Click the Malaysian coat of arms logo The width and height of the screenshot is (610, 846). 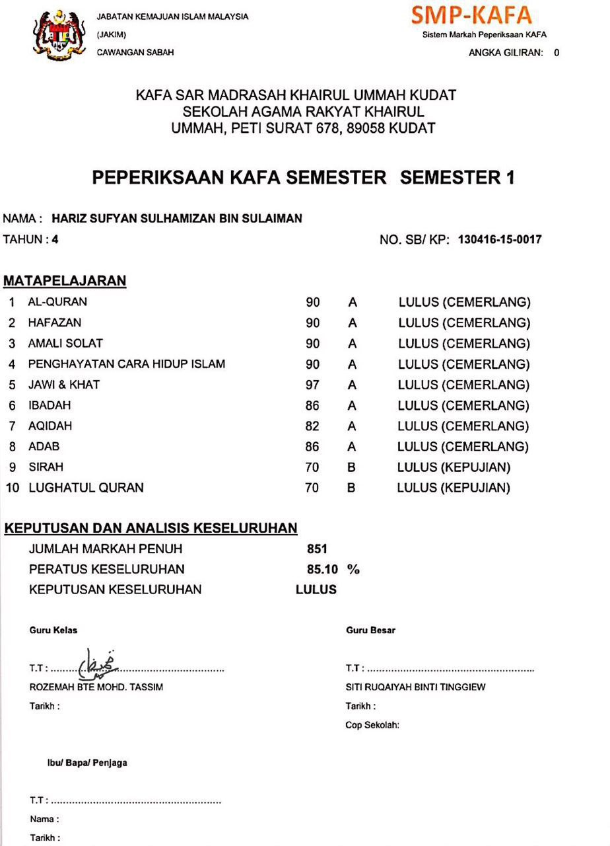(x=58, y=34)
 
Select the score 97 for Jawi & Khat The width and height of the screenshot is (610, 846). (x=312, y=385)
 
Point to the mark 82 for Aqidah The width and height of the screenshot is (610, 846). (x=312, y=426)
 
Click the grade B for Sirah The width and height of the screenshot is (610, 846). (x=352, y=467)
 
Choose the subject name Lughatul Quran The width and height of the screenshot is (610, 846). (x=86, y=488)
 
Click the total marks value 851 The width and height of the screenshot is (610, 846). (x=317, y=549)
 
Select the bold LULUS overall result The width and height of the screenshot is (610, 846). (x=316, y=590)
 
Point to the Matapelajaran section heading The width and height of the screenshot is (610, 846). (x=65, y=281)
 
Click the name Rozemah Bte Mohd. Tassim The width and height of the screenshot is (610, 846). (x=96, y=687)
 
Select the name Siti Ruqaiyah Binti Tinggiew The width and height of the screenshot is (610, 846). (x=415, y=687)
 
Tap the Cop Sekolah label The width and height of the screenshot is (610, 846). (x=372, y=725)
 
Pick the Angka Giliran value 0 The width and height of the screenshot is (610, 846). (x=557, y=53)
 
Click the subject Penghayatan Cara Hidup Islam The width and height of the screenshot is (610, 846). (x=126, y=364)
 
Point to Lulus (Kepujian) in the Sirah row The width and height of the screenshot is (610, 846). (x=454, y=467)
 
